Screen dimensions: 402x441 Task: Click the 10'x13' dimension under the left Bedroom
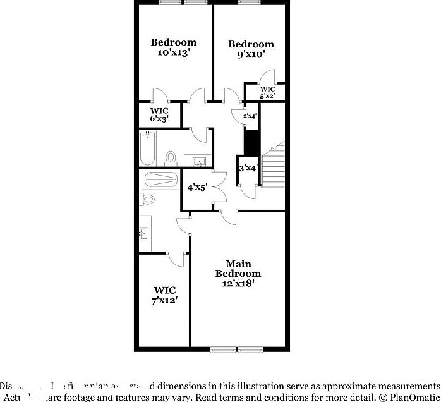(173, 53)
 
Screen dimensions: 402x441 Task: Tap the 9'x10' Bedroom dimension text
(251, 55)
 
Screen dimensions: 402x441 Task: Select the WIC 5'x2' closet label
(268, 92)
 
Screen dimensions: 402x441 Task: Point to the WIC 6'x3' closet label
(159, 114)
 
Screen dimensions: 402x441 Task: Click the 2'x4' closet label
(250, 116)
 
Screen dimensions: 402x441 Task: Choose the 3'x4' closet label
(248, 168)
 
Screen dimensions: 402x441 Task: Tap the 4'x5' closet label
(198, 187)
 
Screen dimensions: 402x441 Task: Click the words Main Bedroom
(238, 269)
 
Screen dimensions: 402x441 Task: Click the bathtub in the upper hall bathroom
(147, 148)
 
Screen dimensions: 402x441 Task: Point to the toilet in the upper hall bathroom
(171, 157)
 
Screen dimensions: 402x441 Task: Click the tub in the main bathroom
(160, 179)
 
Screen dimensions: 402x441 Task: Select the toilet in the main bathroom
(148, 199)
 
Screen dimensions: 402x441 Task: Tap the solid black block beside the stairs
(251, 142)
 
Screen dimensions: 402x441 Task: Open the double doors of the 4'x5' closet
(218, 188)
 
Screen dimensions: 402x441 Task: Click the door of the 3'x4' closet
(248, 186)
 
